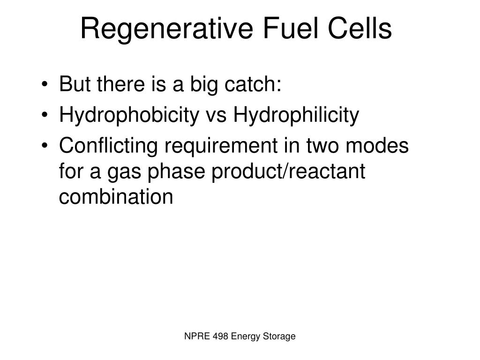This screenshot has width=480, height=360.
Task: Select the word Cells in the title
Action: [x=362, y=29]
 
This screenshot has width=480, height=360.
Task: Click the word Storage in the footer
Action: [x=280, y=337]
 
